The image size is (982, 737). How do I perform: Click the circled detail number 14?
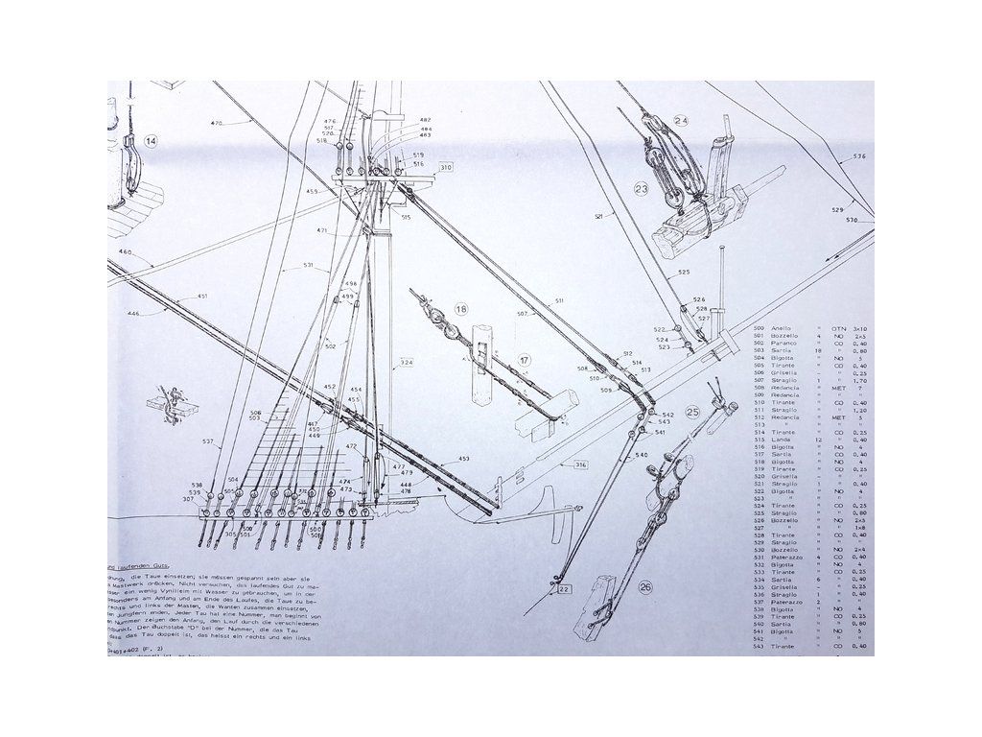pos(151,141)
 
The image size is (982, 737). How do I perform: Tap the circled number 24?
pos(681,121)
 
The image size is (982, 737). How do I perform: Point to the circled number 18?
pos(462,309)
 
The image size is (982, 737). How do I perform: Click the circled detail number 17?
pos(525,360)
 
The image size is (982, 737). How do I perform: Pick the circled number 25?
pos(692,412)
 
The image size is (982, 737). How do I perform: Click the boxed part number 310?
pos(445,168)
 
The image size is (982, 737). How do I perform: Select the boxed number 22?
pos(564,589)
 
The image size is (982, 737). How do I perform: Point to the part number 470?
pos(216,123)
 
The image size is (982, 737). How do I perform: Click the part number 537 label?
pos(207,441)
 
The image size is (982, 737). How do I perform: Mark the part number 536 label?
pos(859,156)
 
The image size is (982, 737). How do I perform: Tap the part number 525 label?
pos(684,273)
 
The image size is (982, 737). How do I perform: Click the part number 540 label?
pos(642,455)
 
